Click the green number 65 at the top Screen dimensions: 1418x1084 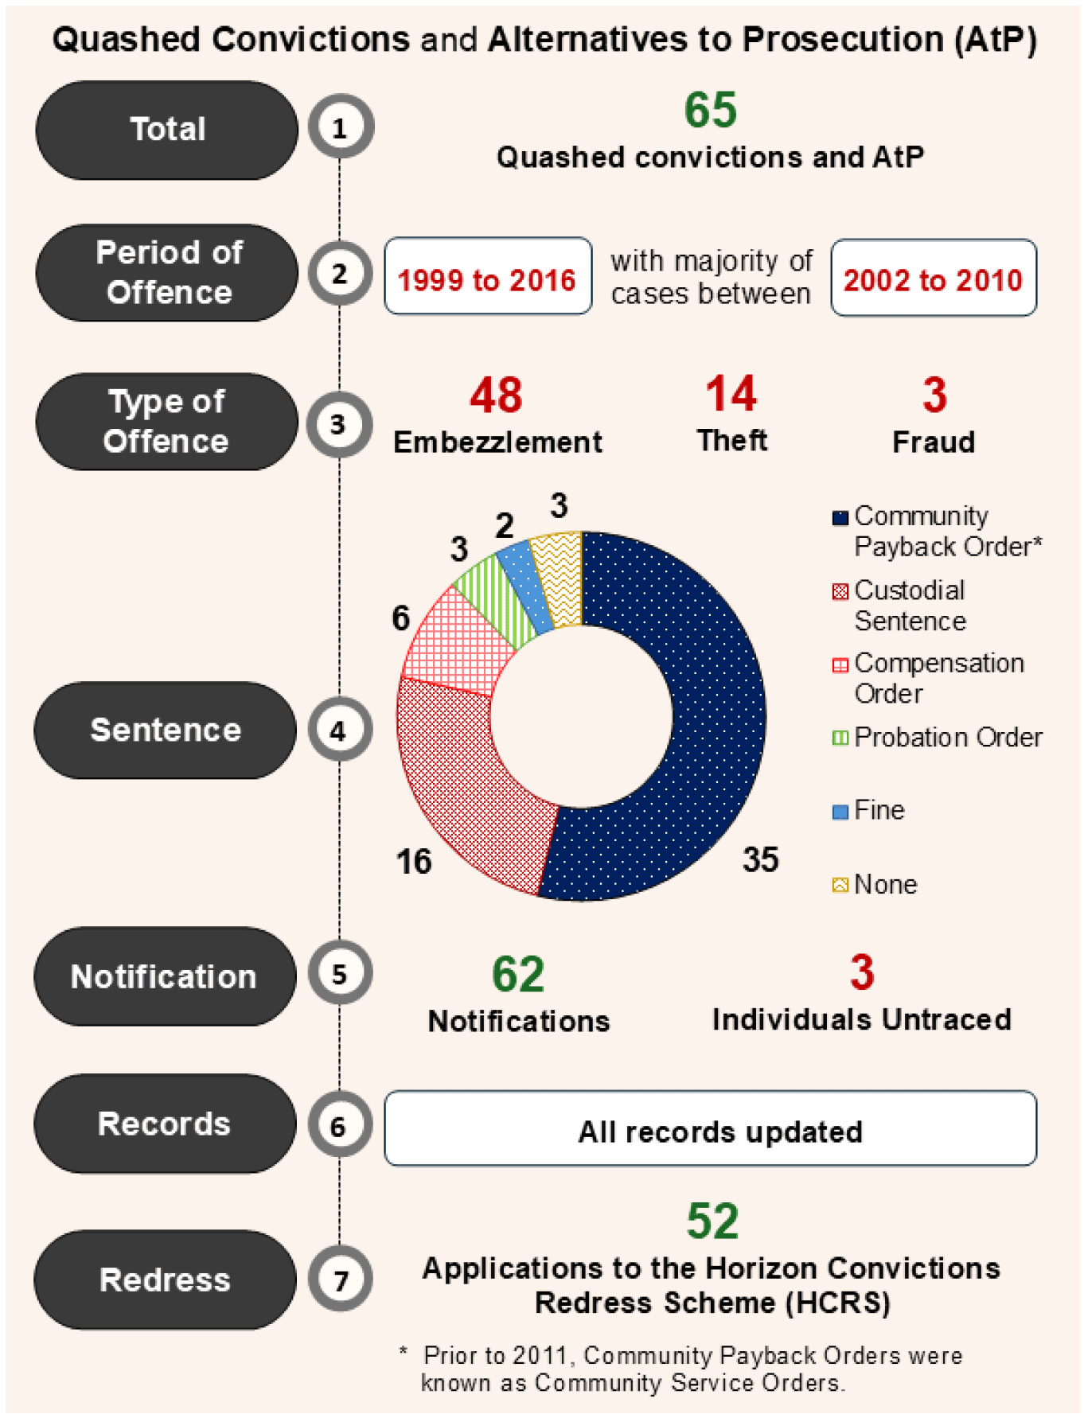(x=710, y=110)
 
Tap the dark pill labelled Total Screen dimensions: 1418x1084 (x=167, y=130)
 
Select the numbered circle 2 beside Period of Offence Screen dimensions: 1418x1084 (x=340, y=274)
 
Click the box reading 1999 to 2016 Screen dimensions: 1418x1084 (x=487, y=277)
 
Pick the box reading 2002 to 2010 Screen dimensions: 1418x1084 (x=933, y=279)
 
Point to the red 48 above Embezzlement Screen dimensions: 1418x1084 (x=496, y=395)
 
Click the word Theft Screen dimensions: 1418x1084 (x=731, y=440)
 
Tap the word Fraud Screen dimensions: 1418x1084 (x=933, y=442)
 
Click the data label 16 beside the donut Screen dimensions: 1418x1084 (x=414, y=861)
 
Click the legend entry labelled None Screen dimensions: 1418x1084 (x=883, y=884)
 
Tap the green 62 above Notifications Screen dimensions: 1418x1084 (x=518, y=974)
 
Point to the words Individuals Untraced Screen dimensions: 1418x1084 (x=861, y=1019)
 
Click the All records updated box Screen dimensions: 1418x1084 (x=710, y=1129)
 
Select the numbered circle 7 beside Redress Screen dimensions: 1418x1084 (x=340, y=1280)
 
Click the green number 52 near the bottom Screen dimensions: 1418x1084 (x=712, y=1221)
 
